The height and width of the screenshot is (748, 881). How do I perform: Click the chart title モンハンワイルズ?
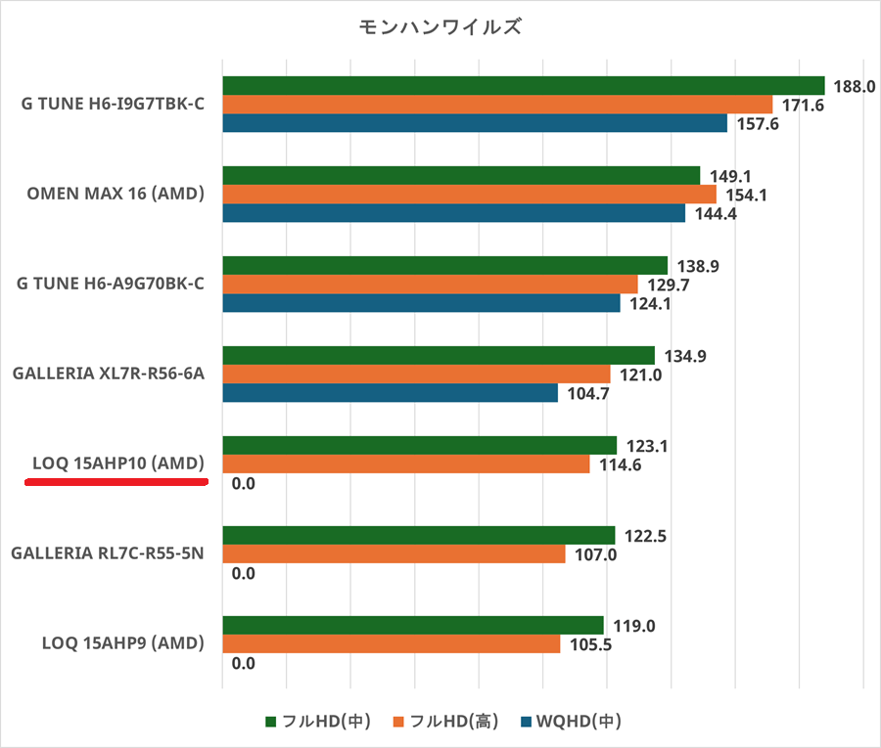[x=440, y=27]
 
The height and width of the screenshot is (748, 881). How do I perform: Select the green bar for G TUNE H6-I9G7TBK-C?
[x=524, y=85]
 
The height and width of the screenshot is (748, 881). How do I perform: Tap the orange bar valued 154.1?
[x=470, y=195]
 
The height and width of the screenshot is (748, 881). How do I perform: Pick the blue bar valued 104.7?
[x=390, y=393]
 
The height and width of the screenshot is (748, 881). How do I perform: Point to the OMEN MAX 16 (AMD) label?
[x=116, y=194]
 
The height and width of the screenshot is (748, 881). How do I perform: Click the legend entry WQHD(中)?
[x=572, y=722]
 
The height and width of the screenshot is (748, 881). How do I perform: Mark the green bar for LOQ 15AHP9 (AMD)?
[x=413, y=625]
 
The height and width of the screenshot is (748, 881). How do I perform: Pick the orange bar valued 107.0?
[x=394, y=554]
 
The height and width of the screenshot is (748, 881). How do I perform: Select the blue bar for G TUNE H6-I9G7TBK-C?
[x=475, y=123]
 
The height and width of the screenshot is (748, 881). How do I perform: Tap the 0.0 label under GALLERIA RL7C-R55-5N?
[x=243, y=573]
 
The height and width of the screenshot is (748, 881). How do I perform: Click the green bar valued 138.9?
[x=445, y=265]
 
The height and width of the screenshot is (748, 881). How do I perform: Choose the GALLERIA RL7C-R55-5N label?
[x=107, y=553]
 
